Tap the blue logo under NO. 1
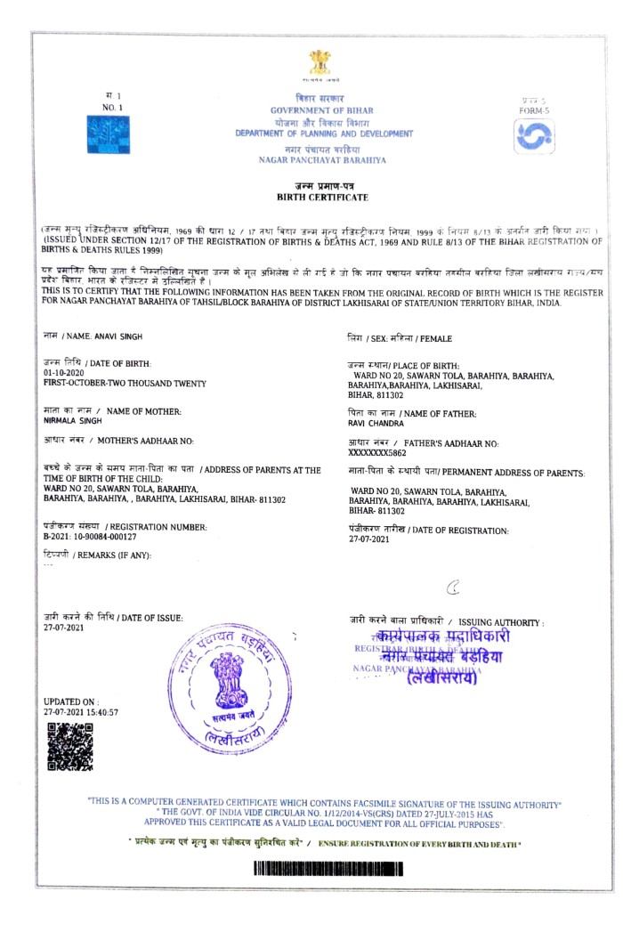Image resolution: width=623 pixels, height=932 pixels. coord(107,134)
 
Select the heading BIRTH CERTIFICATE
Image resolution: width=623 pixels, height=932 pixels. coord(321,197)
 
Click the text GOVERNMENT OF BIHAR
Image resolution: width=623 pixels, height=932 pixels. coord(322,109)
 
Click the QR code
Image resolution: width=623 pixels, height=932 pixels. coord(69,746)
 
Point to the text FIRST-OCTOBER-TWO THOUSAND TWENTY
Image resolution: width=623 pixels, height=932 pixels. coord(125,384)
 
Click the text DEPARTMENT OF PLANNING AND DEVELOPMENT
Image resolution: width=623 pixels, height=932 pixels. coord(324,134)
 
